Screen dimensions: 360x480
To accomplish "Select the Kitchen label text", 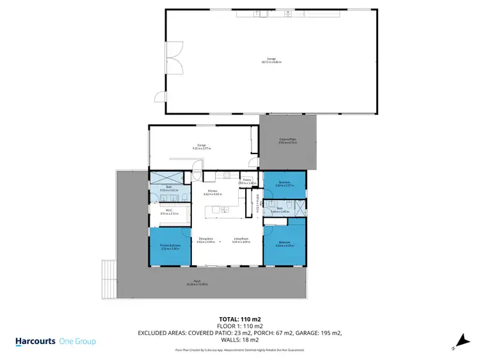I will [211, 192].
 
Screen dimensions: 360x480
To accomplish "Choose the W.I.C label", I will [169, 212].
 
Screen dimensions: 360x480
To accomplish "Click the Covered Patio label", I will [287, 141].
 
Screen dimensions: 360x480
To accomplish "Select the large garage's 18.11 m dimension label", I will [271, 62].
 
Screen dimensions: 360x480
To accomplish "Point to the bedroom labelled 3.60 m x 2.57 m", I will [284, 185].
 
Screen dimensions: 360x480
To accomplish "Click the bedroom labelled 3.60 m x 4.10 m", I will [284, 244].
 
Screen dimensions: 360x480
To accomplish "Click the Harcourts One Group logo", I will [56, 341].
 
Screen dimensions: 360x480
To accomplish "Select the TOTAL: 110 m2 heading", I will [240, 318].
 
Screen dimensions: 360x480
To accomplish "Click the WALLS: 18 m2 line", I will [240, 340].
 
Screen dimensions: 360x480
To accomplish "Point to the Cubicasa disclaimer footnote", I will [240, 350].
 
